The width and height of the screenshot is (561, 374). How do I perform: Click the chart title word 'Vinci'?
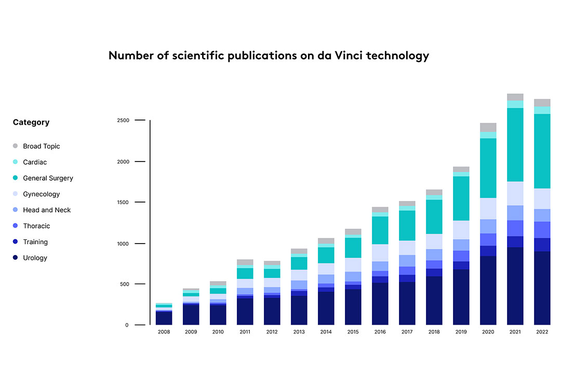(x=346, y=56)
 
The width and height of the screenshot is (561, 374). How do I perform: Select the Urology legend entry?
(x=35, y=258)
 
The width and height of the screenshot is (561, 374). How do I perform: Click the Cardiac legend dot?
(x=15, y=162)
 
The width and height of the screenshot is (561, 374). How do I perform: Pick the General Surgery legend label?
(x=48, y=178)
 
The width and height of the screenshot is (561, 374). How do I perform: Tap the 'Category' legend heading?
(x=31, y=123)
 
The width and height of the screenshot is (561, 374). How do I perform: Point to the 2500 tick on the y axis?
(x=123, y=121)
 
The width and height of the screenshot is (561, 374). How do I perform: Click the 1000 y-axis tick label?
(x=123, y=243)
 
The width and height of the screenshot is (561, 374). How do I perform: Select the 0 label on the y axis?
(x=127, y=325)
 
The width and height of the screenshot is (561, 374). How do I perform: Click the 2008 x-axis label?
(x=164, y=332)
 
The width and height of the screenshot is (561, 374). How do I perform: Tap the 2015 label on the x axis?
(x=353, y=332)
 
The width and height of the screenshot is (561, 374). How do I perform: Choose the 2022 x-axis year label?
(x=542, y=332)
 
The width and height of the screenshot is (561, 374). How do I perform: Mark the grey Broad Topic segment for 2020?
(x=488, y=127)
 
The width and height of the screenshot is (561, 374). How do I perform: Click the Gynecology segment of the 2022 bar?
(x=542, y=198)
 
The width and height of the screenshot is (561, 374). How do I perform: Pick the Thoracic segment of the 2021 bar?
(x=515, y=228)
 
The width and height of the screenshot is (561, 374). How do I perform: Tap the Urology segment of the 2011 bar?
(x=245, y=311)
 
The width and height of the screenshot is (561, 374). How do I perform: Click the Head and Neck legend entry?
(x=46, y=210)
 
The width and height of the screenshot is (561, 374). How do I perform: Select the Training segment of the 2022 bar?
(x=542, y=245)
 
